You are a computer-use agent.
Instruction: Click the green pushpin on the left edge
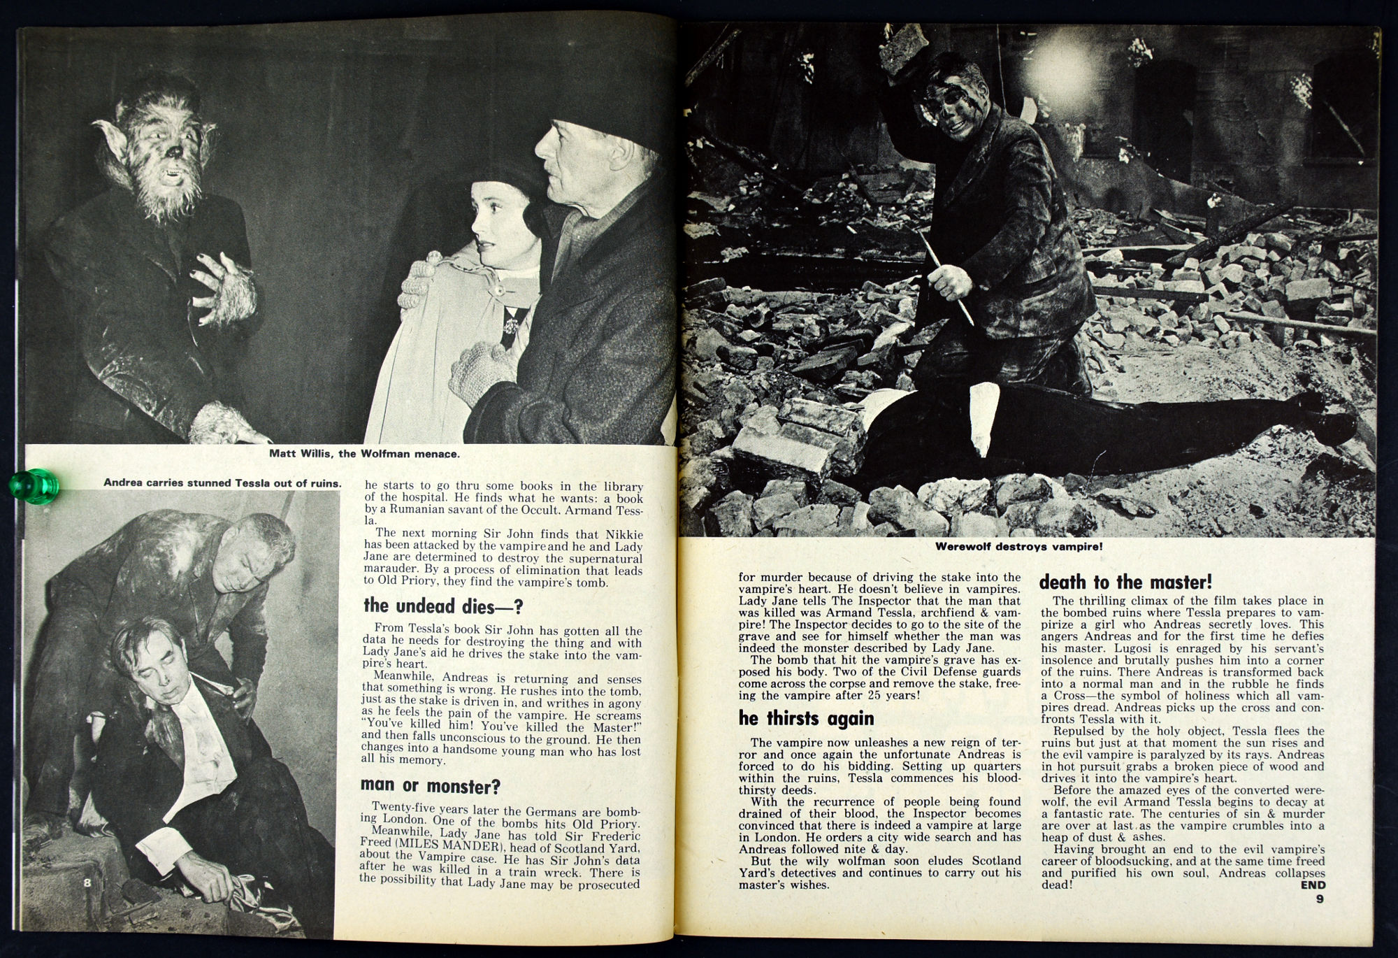(33, 485)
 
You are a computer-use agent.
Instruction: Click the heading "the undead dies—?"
(443, 606)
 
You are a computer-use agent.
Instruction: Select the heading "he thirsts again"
(806, 718)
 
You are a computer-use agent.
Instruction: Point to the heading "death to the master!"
(1125, 582)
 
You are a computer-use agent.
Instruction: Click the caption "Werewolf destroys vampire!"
(1018, 547)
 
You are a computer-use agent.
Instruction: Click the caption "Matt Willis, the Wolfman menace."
(364, 454)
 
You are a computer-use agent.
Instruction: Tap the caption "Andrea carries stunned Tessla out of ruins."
(222, 482)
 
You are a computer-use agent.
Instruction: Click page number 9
(1319, 899)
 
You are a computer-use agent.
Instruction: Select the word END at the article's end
(1312, 885)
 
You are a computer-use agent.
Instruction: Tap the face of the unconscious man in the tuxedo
(146, 665)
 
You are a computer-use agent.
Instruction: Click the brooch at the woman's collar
(513, 324)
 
